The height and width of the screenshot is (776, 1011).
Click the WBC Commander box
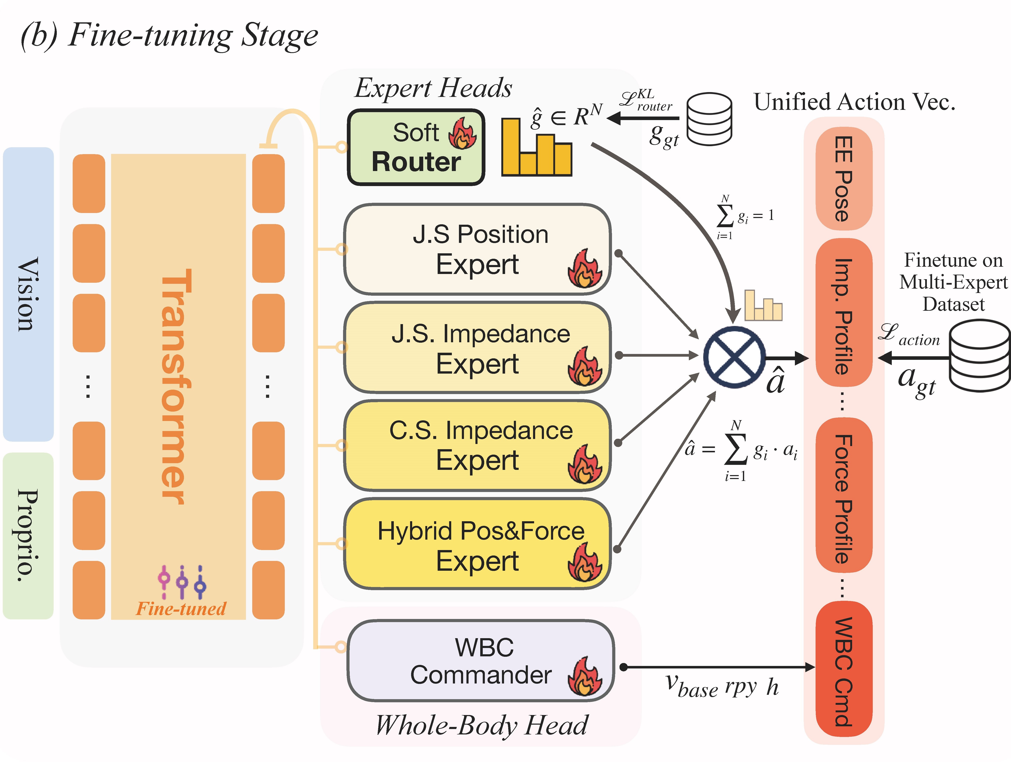click(480, 661)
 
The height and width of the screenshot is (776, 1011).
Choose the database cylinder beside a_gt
click(979, 356)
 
